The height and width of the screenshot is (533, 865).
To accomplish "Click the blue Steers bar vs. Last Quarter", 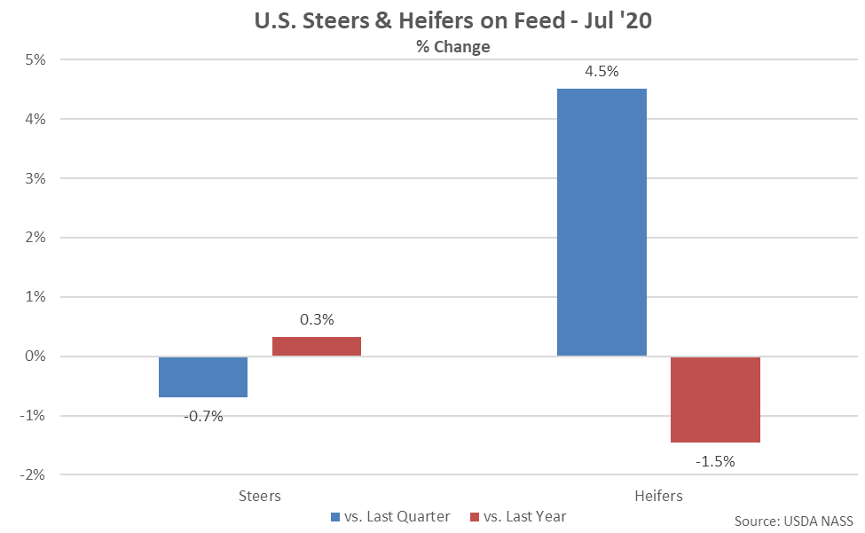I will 203,377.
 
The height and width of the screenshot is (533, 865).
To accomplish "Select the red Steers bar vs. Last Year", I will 317,346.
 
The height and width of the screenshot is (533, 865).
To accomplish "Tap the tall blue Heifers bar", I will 602,222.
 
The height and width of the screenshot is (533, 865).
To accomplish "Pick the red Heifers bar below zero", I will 715,399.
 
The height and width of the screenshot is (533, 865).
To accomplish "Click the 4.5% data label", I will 602,71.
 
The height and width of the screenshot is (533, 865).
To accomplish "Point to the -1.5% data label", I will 715,460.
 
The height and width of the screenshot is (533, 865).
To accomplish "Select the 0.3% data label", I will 317,319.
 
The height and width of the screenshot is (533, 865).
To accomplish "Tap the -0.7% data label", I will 203,415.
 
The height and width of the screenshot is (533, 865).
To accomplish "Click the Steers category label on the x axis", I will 260,496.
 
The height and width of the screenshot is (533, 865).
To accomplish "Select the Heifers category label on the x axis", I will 658,496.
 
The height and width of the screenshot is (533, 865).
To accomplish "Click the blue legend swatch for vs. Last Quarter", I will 334,516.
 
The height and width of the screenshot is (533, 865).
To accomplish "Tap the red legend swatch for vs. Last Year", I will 474,516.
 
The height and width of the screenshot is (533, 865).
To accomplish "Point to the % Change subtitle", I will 453,46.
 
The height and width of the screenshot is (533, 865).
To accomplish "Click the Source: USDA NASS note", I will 794,520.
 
